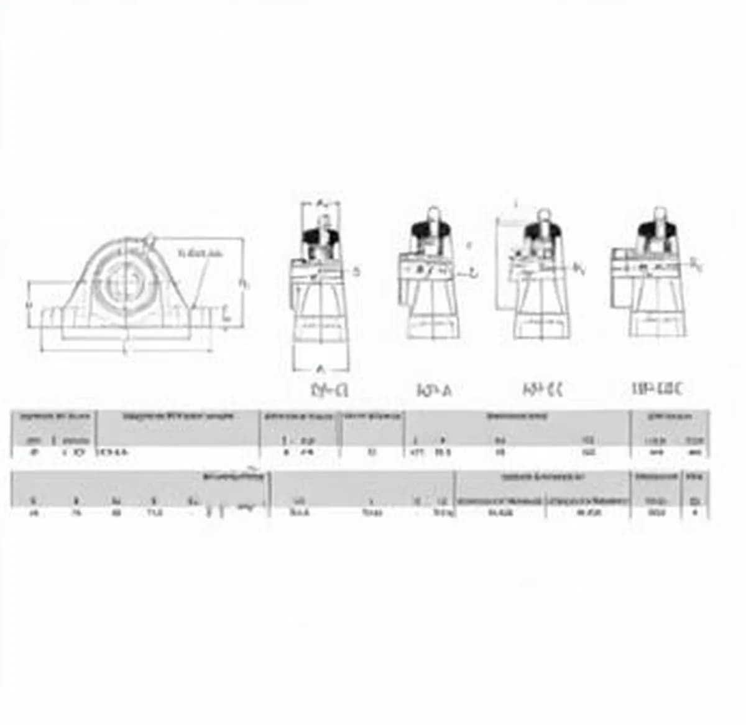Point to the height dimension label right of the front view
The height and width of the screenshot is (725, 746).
(x=244, y=283)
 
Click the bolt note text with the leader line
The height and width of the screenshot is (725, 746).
(x=200, y=253)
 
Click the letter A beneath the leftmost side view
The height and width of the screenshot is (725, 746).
(x=321, y=368)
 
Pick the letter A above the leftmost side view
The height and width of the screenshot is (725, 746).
(x=321, y=203)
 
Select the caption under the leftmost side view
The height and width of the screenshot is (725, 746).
(x=329, y=390)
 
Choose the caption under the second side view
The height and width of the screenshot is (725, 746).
(x=434, y=390)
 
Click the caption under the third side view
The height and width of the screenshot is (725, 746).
(x=543, y=390)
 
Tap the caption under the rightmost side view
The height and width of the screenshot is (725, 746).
(x=657, y=390)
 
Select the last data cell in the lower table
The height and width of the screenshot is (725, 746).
(x=695, y=513)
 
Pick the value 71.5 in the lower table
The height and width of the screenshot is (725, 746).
(x=154, y=513)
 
